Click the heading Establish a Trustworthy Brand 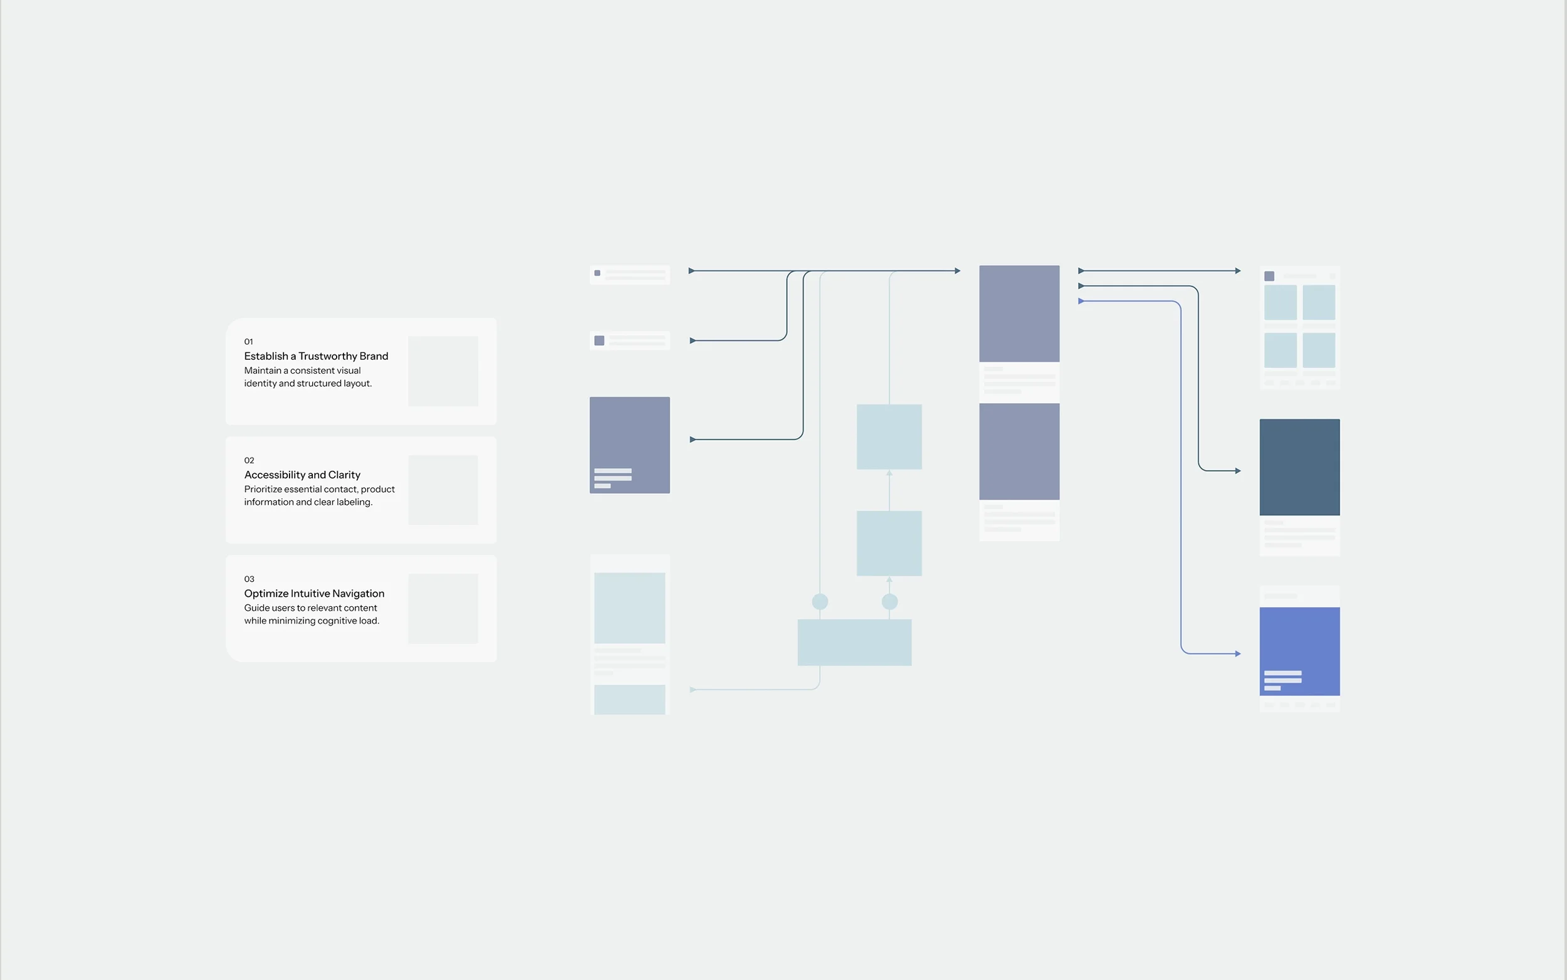click(x=315, y=356)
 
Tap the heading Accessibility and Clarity click(x=302, y=475)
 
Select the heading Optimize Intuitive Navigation click(x=313, y=593)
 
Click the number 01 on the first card click(x=248, y=342)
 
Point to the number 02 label click(x=249, y=460)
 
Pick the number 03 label click(x=249, y=579)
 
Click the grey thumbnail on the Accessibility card click(x=443, y=490)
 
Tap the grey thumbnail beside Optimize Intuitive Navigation click(x=443, y=609)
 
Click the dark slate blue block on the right click(x=1299, y=466)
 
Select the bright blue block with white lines click(x=1299, y=650)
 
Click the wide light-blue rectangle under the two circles click(x=854, y=642)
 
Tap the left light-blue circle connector click(x=819, y=601)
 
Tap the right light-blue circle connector click(x=889, y=601)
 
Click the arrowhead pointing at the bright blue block click(x=1237, y=654)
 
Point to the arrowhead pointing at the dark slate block click(x=1237, y=470)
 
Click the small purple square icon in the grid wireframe click(x=1269, y=276)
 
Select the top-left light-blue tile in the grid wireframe click(x=1280, y=302)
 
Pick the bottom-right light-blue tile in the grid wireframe click(x=1318, y=350)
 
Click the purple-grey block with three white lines click(x=629, y=445)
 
